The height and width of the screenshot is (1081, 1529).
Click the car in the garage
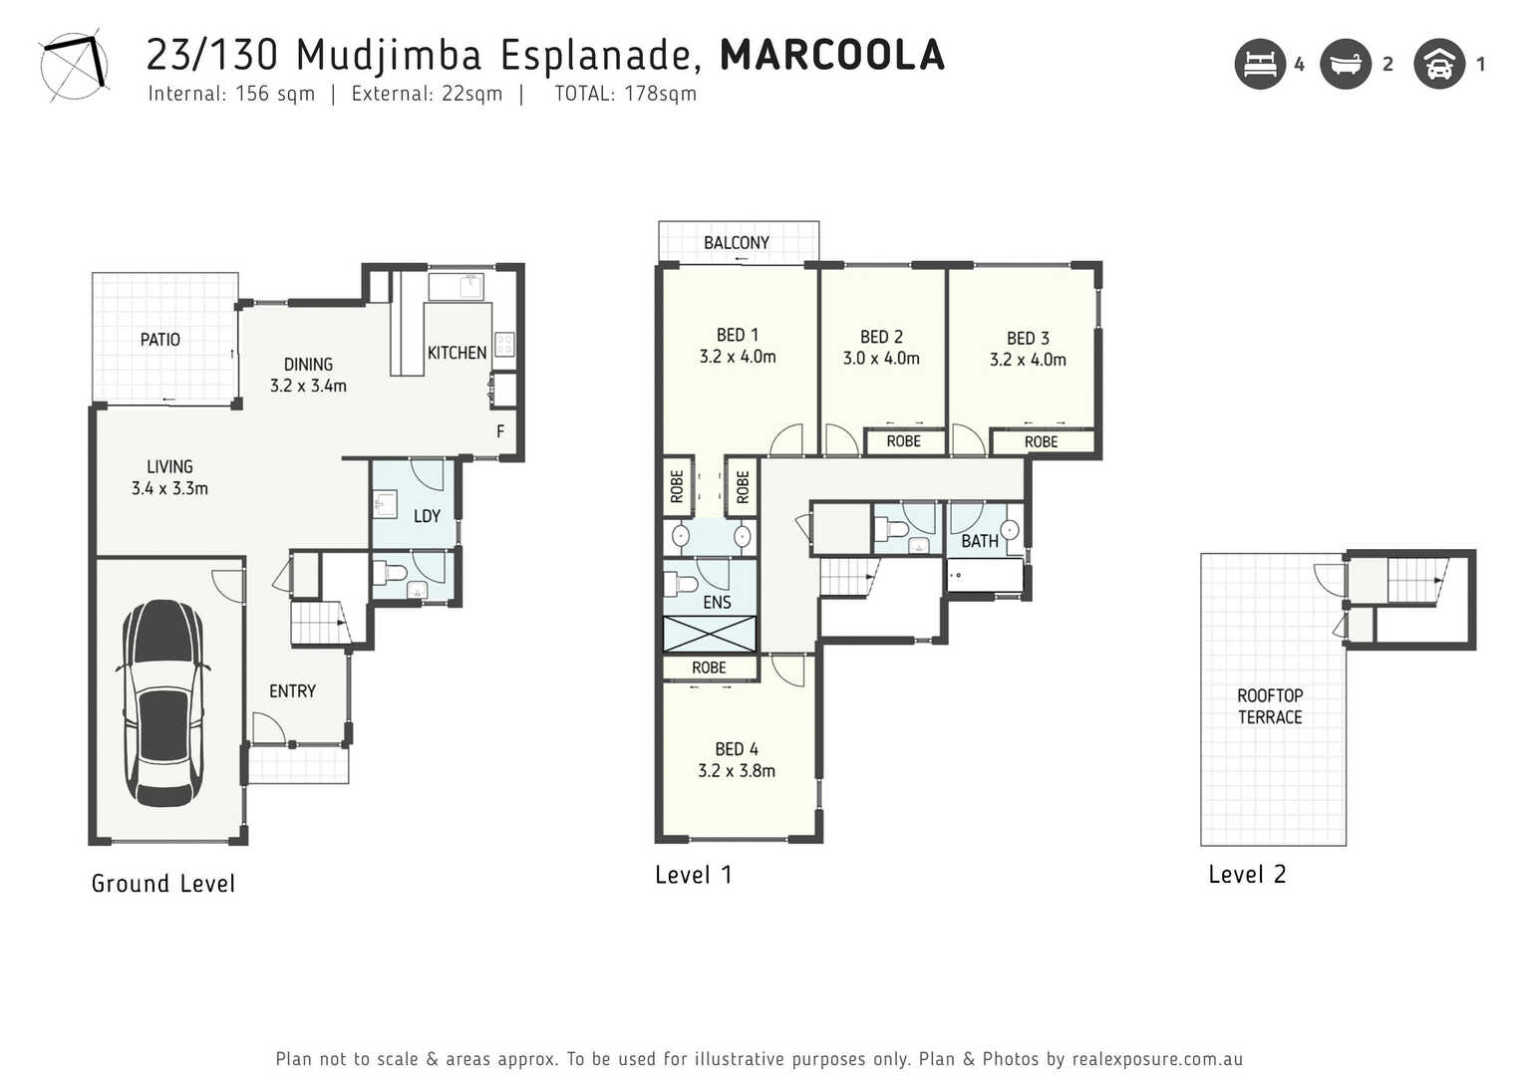[162, 703]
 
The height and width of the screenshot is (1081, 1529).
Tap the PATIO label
[160, 339]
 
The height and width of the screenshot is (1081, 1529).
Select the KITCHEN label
[457, 353]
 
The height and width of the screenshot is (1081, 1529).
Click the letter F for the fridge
[500, 431]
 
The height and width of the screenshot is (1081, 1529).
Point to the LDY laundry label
[427, 517]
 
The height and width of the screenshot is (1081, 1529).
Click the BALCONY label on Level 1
[737, 242]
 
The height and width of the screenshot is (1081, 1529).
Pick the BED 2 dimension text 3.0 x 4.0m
[881, 359]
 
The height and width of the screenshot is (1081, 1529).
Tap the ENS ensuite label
[717, 603]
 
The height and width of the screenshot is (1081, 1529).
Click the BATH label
[980, 541]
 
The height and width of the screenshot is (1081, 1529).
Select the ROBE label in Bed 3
[1041, 442]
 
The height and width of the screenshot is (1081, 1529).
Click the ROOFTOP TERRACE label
[1270, 706]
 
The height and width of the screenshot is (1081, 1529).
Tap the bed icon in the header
[1260, 64]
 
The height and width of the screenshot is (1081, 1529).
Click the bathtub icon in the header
[1346, 64]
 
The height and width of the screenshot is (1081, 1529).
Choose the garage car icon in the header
[1439, 64]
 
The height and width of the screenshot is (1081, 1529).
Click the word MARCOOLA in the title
[832, 55]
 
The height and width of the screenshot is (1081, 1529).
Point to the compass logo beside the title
[74, 66]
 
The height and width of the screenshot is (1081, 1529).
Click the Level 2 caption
[1247, 874]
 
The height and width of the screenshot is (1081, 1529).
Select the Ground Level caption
[163, 883]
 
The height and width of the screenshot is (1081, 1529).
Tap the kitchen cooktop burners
[504, 344]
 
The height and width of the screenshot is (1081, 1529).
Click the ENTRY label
[292, 691]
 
